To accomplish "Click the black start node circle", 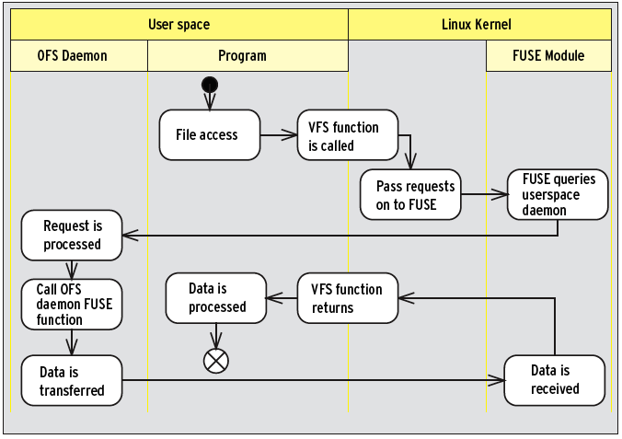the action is coord(210,85).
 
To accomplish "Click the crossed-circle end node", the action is coord(216,361).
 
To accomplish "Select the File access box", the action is coord(210,135).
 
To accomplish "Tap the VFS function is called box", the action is coord(348,135).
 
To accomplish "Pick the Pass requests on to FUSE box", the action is coord(410,194).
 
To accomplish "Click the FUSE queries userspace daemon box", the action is coord(558,194).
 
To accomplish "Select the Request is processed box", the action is coord(72,236).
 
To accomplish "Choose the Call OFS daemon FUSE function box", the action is coord(72,305).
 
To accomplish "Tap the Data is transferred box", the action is coord(72,380).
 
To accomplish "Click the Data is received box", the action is coord(555,380).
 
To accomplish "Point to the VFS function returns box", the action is coord(348,298).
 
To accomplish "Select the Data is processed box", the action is coord(216,298).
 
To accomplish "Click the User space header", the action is coord(179,25).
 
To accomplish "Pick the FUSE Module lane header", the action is coord(548,55).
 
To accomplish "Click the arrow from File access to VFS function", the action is coord(279,135).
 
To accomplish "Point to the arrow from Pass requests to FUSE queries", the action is coord(484,194).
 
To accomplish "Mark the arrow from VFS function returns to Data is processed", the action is coord(282,298).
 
